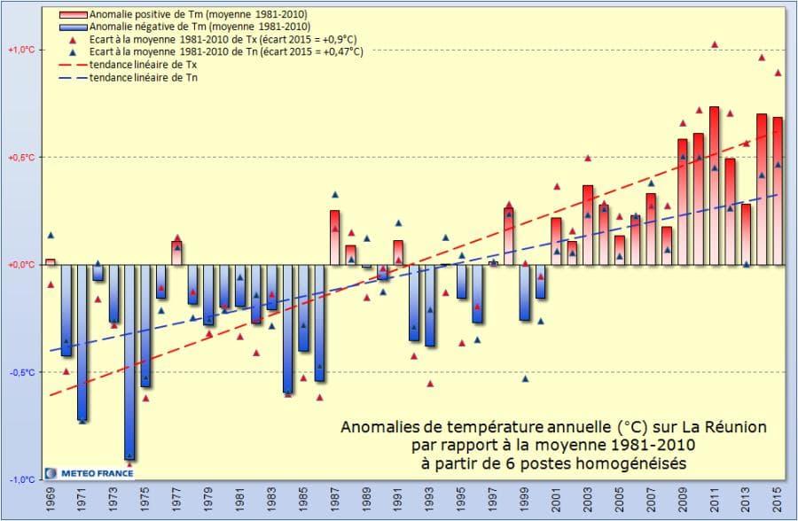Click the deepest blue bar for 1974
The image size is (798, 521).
pos(129,363)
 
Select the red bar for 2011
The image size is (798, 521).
pos(714,186)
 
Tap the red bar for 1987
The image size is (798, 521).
pos(334,237)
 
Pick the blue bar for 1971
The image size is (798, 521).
pos(82,342)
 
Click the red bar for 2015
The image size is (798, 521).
pos(778,191)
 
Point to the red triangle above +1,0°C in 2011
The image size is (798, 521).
pos(715,44)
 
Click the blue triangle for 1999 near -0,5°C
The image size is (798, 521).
pos(525,378)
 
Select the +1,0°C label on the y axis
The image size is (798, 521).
pos(20,50)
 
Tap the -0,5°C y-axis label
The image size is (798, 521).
pos(20,372)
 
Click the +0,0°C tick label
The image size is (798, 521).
pos(20,265)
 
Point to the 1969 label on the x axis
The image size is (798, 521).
pos(51,502)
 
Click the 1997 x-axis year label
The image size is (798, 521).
pos(493,502)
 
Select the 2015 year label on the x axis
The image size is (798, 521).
pos(778,502)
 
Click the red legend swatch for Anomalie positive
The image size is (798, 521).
pos(74,16)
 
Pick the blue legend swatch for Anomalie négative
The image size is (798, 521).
pos(74,27)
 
